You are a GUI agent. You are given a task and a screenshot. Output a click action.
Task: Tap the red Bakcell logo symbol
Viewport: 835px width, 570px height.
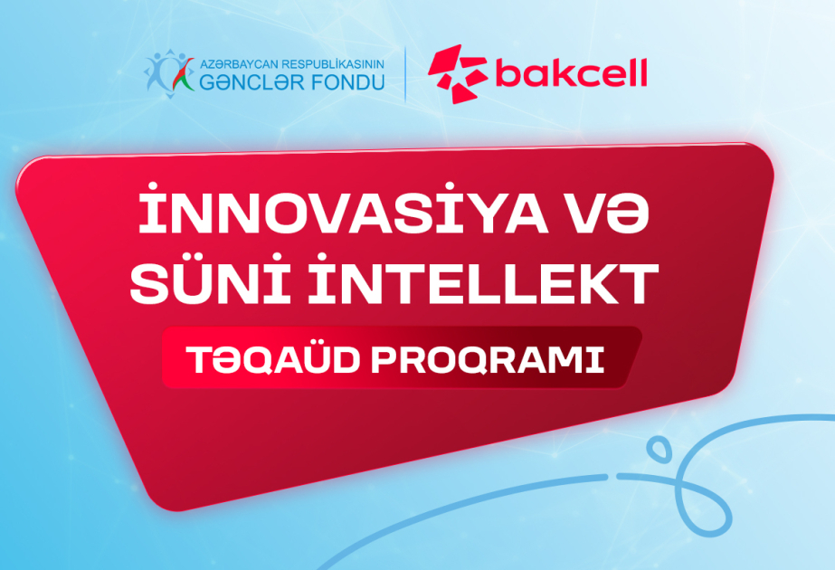point(457,75)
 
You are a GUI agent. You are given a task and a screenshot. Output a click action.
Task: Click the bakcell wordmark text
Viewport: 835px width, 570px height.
point(571,74)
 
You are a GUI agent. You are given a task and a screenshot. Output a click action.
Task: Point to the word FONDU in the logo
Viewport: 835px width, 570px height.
point(348,83)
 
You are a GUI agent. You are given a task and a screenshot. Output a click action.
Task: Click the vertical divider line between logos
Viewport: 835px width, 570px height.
point(405,74)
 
